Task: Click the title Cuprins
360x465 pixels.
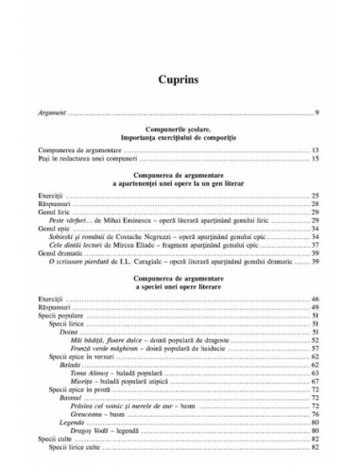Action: (x=180, y=83)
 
